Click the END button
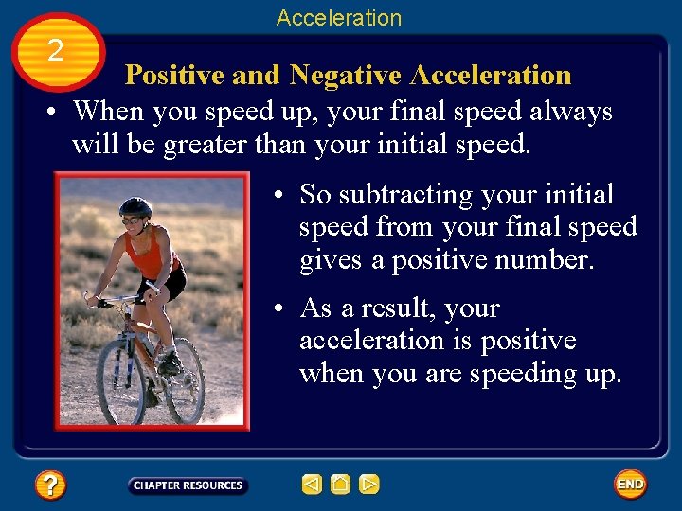[630, 484]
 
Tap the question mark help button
[49, 485]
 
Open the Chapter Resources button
[188, 485]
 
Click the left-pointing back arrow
[312, 485]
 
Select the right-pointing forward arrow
[369, 485]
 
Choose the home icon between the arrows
[341, 485]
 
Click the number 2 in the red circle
[55, 50]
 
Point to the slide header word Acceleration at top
[339, 18]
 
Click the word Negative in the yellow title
[346, 75]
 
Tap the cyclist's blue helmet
[136, 206]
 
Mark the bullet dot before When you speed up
[56, 113]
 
